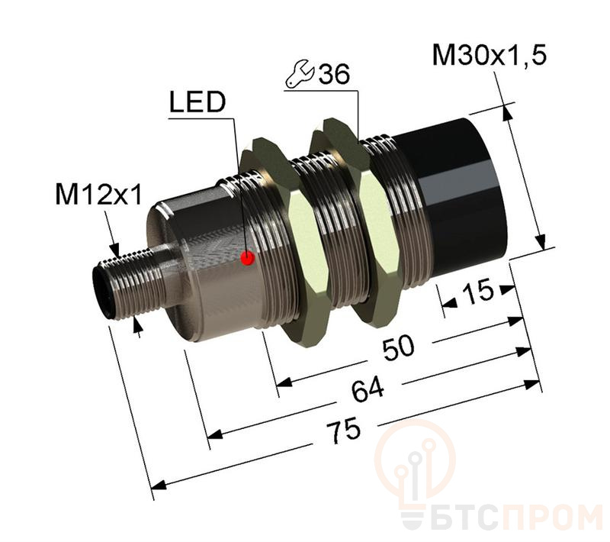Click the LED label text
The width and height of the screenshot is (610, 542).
click(197, 104)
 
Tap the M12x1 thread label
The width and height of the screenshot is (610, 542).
click(98, 196)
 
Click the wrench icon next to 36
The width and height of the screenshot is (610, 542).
click(299, 75)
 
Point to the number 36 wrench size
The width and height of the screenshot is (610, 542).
click(333, 75)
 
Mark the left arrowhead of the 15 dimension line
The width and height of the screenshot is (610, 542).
click(448, 303)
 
